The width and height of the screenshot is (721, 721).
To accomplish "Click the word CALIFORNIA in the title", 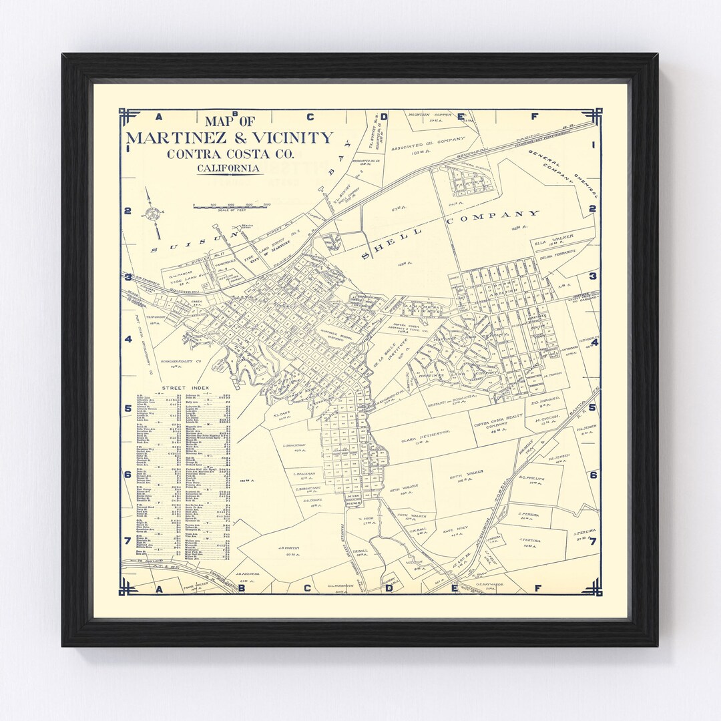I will click(228, 168).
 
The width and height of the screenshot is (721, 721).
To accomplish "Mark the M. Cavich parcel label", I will click(547, 421).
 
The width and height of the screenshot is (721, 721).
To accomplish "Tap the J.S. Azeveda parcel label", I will click(246, 573).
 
